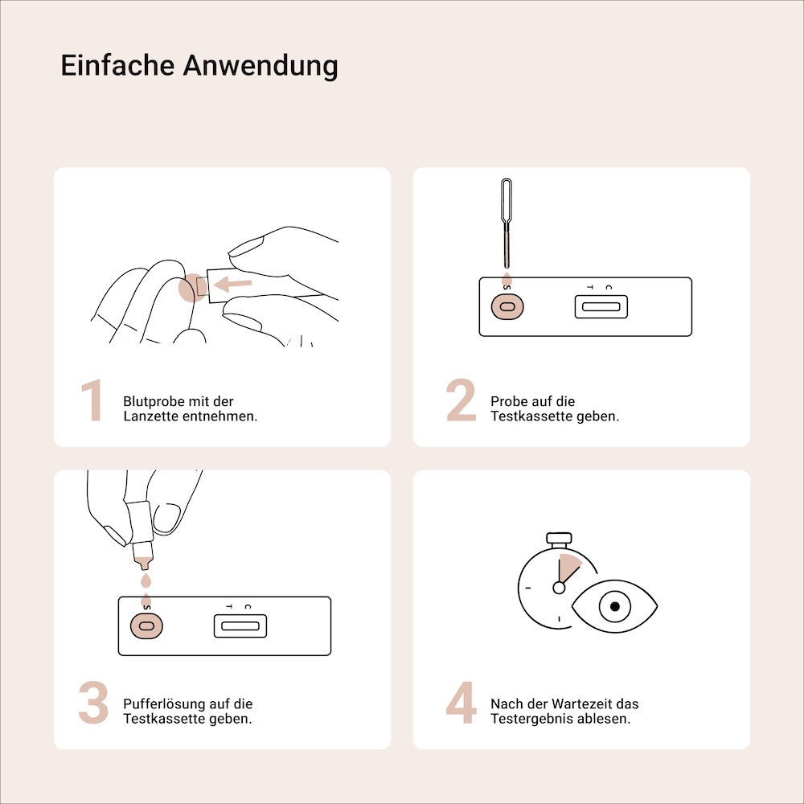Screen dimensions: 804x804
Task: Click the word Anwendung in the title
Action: coord(260,65)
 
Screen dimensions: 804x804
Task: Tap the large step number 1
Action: coord(93,401)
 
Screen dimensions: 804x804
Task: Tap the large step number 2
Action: coord(461,401)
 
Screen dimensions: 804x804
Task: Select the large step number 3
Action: coord(93,703)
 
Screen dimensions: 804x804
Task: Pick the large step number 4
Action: coord(461,703)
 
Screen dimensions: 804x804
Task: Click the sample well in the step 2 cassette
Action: coord(507,306)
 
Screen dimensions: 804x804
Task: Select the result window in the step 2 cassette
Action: coord(601,306)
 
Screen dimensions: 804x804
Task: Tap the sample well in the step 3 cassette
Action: coord(146,626)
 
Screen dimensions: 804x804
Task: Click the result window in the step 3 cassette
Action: coord(240,626)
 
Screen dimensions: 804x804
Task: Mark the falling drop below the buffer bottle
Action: coord(145,580)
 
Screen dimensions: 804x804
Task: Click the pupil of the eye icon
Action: coord(615,606)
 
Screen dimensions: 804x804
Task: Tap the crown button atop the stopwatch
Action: coord(558,537)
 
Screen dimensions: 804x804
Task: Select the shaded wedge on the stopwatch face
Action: coord(568,568)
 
